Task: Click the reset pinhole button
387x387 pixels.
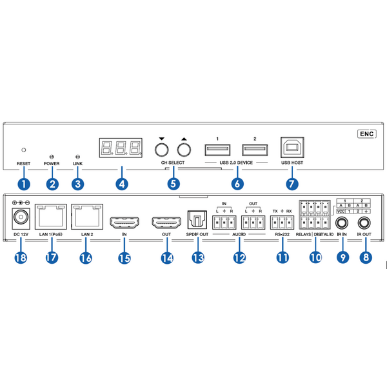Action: click(x=24, y=149)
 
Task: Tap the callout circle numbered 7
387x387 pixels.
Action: click(x=292, y=183)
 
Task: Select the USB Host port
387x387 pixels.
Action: click(x=292, y=148)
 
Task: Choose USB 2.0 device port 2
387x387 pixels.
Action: click(x=254, y=149)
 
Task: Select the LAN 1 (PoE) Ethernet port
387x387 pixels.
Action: click(x=52, y=217)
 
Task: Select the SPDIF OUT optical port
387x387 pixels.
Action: click(x=195, y=220)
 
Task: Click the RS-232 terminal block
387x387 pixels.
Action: click(x=281, y=223)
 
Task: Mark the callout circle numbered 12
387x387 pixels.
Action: click(x=239, y=258)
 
